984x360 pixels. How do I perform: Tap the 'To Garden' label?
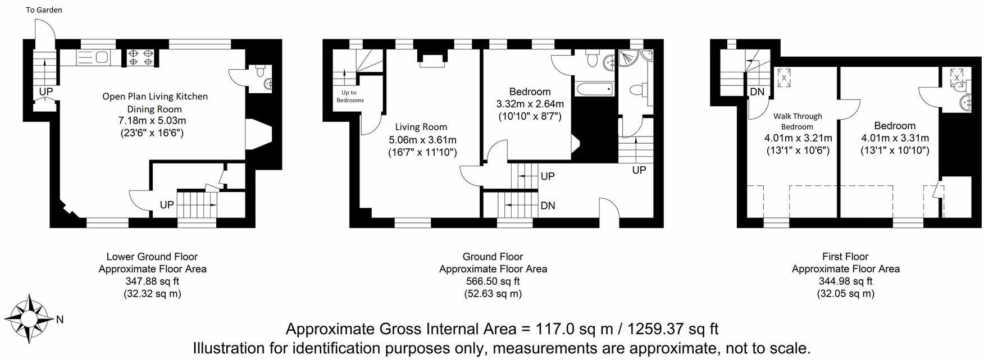click(44, 10)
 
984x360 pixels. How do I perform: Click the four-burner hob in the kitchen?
click(142, 57)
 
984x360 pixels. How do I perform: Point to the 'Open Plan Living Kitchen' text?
click(155, 97)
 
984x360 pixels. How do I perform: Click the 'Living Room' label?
click(421, 127)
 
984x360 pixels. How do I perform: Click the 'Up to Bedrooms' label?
click(349, 96)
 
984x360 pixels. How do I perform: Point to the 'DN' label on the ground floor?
click(548, 206)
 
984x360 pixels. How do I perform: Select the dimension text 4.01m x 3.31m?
click(895, 138)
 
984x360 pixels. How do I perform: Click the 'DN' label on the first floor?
click(757, 92)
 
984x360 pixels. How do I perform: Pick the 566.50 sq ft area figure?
click(493, 281)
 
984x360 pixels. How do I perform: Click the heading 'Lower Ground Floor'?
click(152, 257)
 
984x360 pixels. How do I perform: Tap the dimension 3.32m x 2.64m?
click(530, 104)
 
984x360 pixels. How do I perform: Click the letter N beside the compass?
click(60, 320)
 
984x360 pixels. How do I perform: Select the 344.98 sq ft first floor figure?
click(845, 281)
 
